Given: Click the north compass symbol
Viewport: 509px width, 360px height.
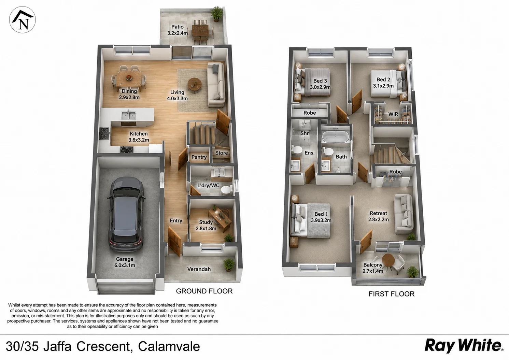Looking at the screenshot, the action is coord(22,20).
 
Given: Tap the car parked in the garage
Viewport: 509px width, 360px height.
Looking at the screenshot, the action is coord(127,214).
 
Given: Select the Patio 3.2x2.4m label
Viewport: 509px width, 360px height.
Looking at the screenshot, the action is coord(178,30).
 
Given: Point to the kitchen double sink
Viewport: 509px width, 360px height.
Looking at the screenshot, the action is coord(128,115).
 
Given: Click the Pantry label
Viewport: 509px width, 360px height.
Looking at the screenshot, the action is coord(199,157).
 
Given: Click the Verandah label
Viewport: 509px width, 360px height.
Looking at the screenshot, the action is coord(199,269).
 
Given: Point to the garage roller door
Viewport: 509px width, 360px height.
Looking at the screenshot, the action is coord(126,288).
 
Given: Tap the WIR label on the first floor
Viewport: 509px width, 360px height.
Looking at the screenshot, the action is coord(393,114).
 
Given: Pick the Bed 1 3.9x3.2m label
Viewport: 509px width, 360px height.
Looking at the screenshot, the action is coord(321,217).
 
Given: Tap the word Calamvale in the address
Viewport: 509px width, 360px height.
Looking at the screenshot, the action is coord(169,346).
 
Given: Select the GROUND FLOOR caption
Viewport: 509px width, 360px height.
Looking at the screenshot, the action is coord(204,291).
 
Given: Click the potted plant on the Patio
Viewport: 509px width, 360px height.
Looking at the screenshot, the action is coord(216,14).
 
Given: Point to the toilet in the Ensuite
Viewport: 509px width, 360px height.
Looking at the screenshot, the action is coord(296,150).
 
